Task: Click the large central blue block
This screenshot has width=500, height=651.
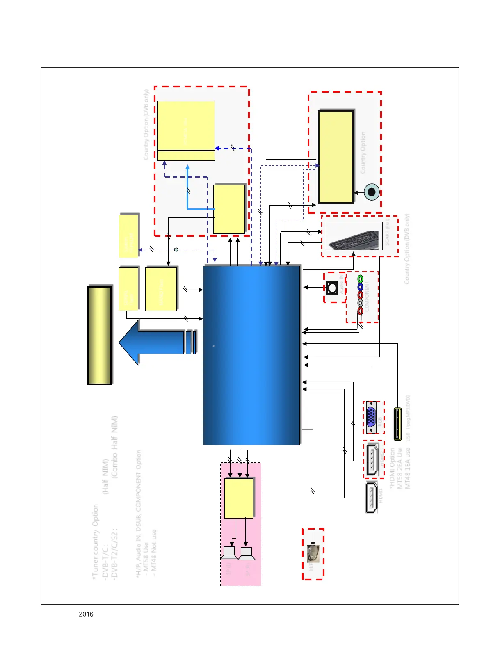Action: tap(251, 355)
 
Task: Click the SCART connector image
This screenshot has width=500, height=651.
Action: tap(354, 236)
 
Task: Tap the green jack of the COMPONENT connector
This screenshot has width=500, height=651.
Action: tap(360, 279)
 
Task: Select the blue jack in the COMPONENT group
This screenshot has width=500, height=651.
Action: tap(360, 287)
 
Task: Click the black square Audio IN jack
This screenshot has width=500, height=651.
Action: tap(332, 288)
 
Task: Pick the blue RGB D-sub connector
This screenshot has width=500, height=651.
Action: tap(371, 417)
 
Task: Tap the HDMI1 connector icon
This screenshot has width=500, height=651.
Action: tap(371, 498)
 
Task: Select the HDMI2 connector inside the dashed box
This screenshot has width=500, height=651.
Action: tap(372, 459)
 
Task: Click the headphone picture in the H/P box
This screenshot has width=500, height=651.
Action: tap(313, 553)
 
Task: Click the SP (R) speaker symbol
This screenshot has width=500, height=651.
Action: tap(246, 553)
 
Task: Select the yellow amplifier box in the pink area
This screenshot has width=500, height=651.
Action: tap(239, 498)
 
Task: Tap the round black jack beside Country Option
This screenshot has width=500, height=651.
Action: tap(372, 192)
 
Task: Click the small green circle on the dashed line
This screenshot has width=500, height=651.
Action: tap(176, 249)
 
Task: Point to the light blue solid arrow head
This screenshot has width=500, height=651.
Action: tap(187, 167)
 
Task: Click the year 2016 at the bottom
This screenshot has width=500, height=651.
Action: tap(86, 614)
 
